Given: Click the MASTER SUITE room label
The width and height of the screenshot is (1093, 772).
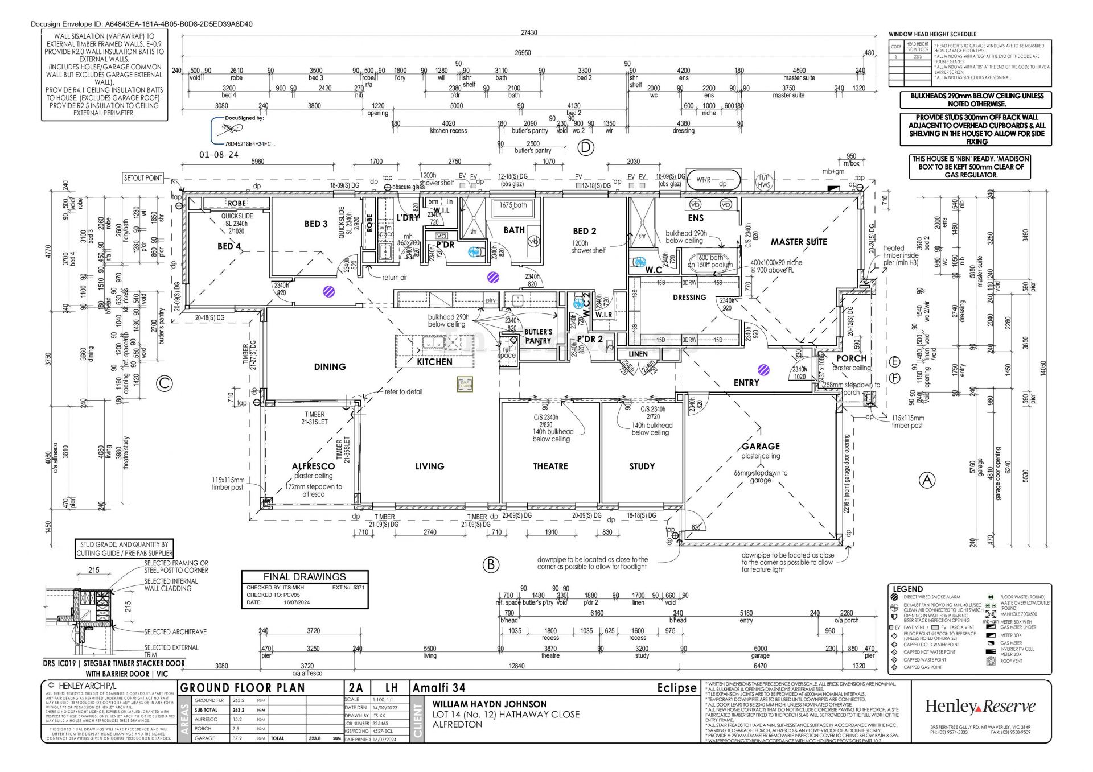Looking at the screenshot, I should coord(799,242).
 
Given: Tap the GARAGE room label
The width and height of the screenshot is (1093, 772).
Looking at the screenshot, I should coord(761,447).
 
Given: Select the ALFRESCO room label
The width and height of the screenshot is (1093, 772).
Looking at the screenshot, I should coord(313,466).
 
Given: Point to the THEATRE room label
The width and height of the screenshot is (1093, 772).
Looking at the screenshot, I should coord(550,466).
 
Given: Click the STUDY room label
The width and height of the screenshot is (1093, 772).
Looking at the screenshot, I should coord(642,466).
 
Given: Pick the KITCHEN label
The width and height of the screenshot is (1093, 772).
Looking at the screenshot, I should coord(434,362).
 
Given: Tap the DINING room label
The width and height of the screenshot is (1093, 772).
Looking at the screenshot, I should coord(330,367).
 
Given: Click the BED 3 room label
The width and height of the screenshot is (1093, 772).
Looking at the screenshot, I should coord(316,224).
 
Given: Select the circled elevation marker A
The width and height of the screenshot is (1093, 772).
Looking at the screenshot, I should coord(927,481).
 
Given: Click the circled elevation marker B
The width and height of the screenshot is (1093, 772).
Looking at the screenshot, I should coord(491,564).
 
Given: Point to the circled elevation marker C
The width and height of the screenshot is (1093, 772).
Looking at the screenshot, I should coord(164,383).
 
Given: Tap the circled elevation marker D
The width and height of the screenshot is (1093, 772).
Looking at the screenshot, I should coord(586,148).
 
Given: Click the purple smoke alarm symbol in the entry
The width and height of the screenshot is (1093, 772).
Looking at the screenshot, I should coord(764,370).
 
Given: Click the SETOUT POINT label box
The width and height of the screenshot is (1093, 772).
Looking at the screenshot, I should coord(143,178).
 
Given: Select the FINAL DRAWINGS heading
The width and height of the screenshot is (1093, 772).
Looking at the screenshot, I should coord(305,577).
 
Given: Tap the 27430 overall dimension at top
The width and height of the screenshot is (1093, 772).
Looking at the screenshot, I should coord(529,33).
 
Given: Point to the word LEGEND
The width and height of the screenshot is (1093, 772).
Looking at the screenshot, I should coord(907,589).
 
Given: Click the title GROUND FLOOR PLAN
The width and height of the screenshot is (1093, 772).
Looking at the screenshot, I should coord(243,688).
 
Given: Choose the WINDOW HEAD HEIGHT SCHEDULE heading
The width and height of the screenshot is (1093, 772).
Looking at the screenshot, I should coord(932,34).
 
